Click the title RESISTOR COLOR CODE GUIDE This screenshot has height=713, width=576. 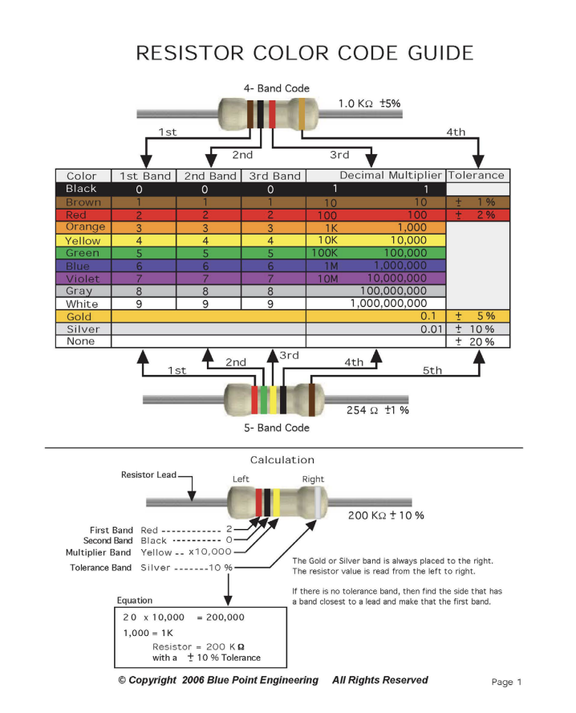pos(304,54)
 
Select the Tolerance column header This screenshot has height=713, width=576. pos(477,175)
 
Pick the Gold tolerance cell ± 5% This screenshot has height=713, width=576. pos(477,316)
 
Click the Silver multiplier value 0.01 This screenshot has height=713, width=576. pos(432,329)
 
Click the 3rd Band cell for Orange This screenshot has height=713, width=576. pos(270,227)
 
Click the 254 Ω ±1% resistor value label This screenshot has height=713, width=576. pos(377,409)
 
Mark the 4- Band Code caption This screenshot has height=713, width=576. pos(276,88)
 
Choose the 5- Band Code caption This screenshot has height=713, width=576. pos(276,428)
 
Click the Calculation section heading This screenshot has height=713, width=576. pos(282,460)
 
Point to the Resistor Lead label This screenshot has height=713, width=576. pos(148,475)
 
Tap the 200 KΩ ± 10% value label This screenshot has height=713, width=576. pos(386,515)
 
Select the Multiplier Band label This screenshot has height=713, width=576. pos(98,552)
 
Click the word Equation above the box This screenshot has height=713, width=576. pos(134,600)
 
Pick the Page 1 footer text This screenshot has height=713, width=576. pos(506,682)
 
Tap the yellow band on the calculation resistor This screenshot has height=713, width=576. pos(277,503)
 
